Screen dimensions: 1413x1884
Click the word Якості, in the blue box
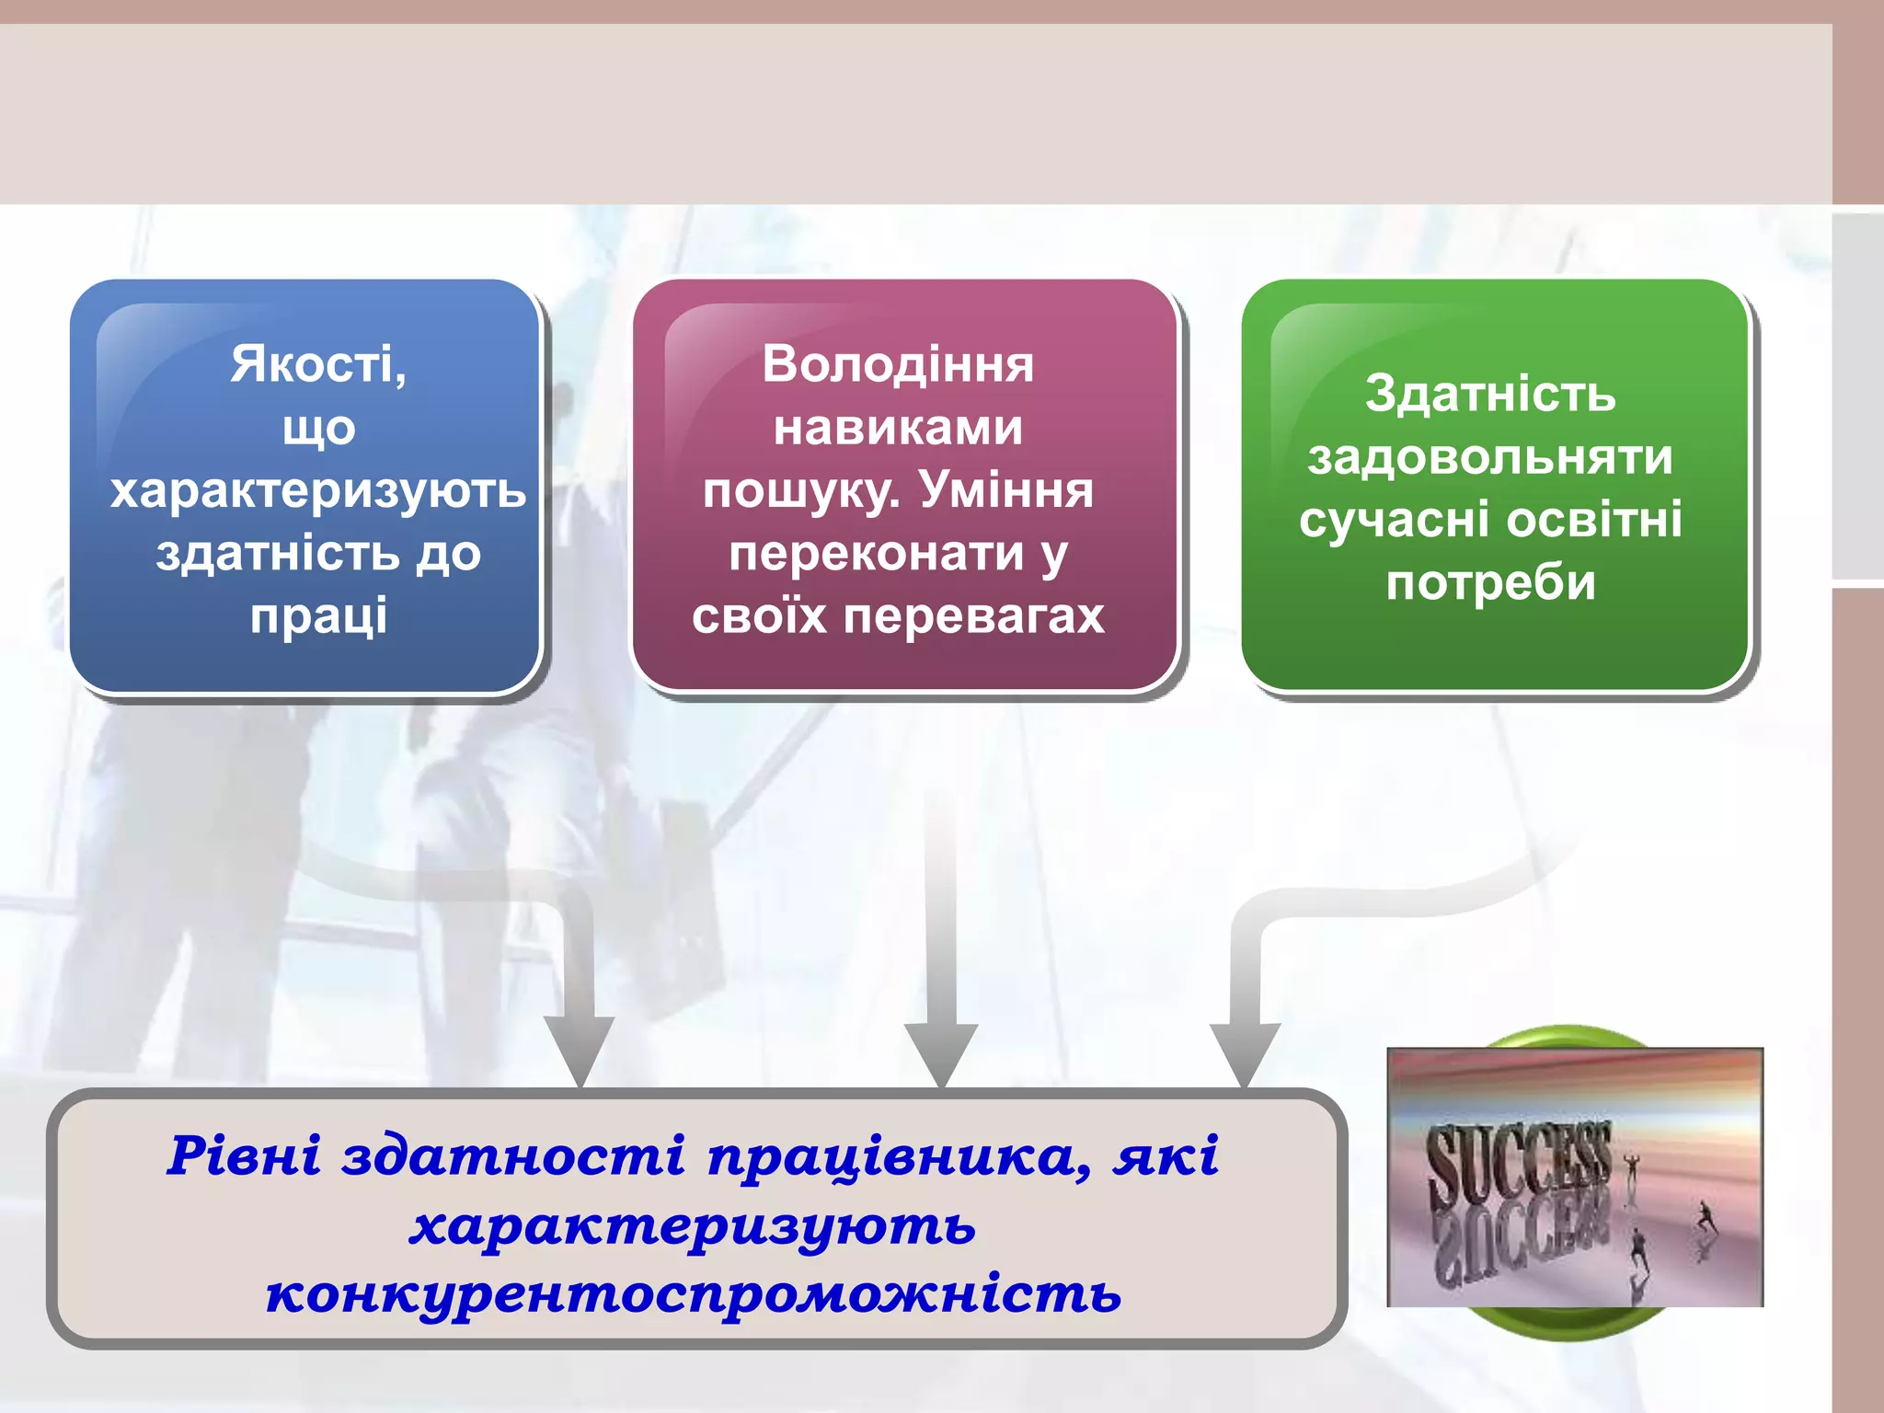[318, 364]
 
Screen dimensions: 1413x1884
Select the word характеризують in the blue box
[318, 491]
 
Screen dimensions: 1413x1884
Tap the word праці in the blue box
[318, 615]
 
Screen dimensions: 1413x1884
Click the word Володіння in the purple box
[898, 364]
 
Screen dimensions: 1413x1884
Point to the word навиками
[898, 428]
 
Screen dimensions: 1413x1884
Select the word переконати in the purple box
[876, 553]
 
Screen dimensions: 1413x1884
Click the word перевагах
[974, 615]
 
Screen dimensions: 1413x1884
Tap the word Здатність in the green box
[1490, 394]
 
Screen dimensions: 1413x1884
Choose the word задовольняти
[1490, 457]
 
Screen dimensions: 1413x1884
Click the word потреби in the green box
[1490, 583]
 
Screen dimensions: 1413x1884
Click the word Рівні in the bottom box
[244, 1156]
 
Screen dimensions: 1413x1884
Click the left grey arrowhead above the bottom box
[579, 1049]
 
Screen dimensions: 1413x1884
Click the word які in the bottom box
[1166, 1156]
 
